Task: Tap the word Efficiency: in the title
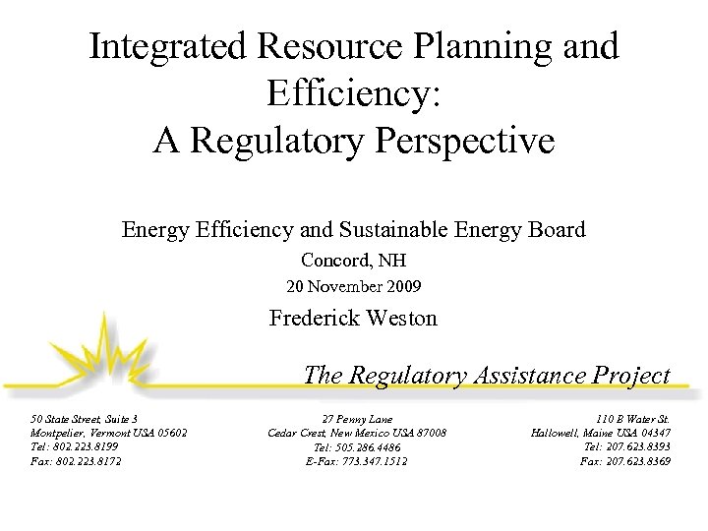pyautogui.click(x=353, y=93)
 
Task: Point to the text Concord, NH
pyautogui.click(x=353, y=262)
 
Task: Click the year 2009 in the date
pyautogui.click(x=402, y=287)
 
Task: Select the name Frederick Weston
pyautogui.click(x=353, y=319)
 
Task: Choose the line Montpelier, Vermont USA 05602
pyautogui.click(x=108, y=433)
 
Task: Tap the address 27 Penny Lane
pyautogui.click(x=357, y=418)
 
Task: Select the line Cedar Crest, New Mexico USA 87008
pyautogui.click(x=357, y=433)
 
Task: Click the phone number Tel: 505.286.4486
pyautogui.click(x=357, y=446)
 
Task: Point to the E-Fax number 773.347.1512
pyautogui.click(x=369, y=460)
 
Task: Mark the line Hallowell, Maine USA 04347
pyautogui.click(x=601, y=433)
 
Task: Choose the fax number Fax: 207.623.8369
pyautogui.click(x=626, y=460)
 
